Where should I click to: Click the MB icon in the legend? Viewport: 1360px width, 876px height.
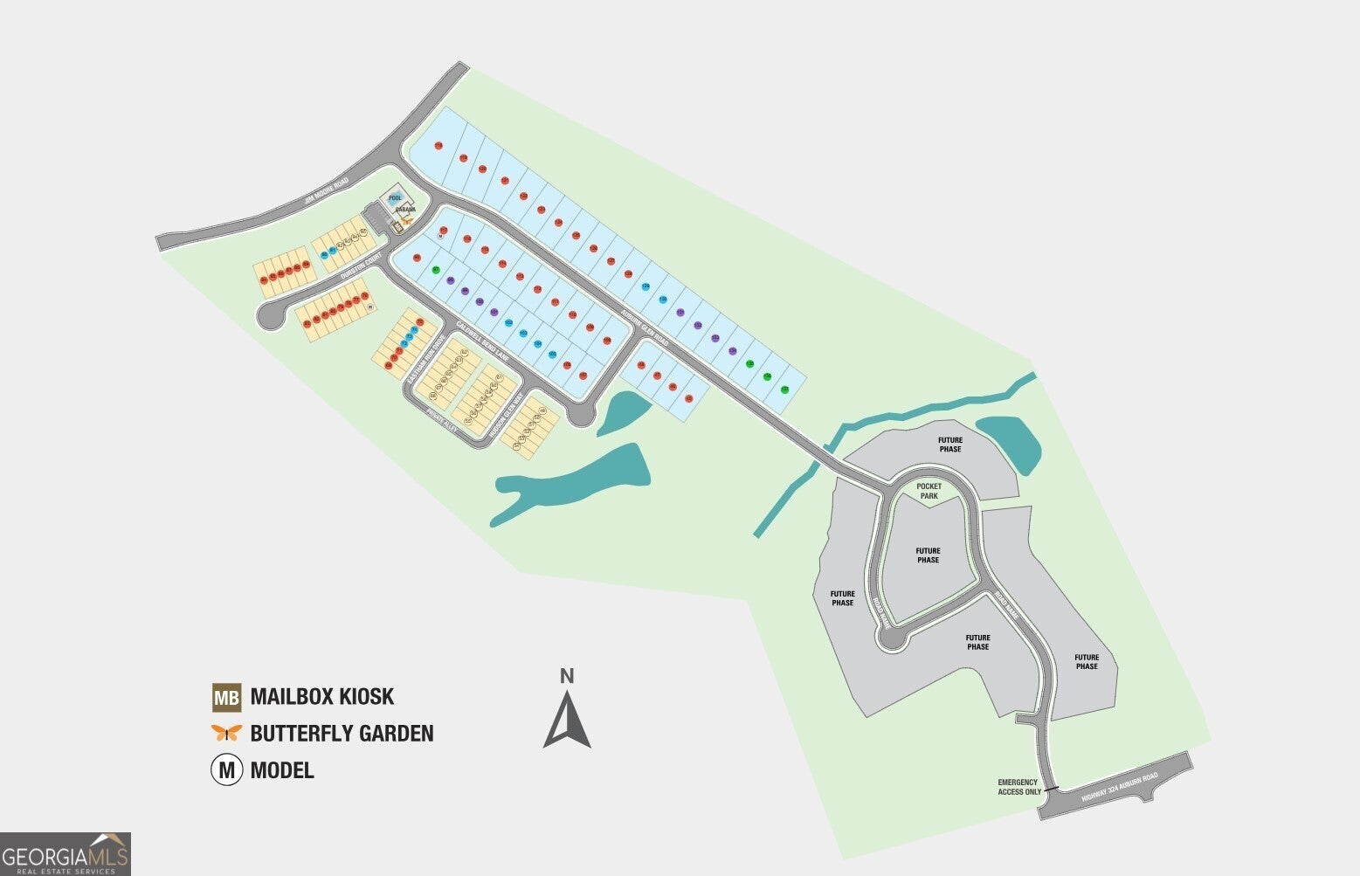pyautogui.click(x=226, y=697)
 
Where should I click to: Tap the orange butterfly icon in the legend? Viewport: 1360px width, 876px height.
pyautogui.click(x=226, y=733)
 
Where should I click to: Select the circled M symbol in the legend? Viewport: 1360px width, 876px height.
pyautogui.click(x=226, y=770)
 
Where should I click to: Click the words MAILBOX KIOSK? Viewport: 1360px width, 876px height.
pyautogui.click(x=321, y=697)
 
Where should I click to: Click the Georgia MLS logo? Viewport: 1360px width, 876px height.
pyautogui.click(x=66, y=853)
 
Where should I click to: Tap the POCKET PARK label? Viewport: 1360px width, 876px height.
pyautogui.click(x=929, y=491)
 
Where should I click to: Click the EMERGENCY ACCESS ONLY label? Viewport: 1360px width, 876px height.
pyautogui.click(x=1018, y=787)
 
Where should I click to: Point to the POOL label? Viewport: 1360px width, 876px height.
pyautogui.click(x=395, y=198)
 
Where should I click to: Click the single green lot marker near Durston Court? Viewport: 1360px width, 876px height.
pyautogui.click(x=435, y=270)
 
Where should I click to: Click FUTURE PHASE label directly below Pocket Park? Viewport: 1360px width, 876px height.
pyautogui.click(x=928, y=555)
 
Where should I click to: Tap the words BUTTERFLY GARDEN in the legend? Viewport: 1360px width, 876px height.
pyautogui.click(x=342, y=734)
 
